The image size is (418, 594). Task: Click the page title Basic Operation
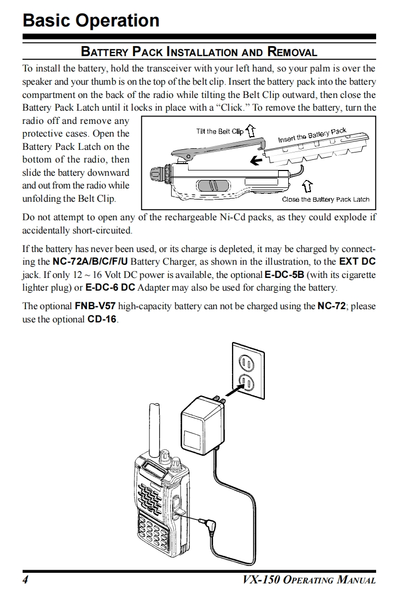click(x=91, y=20)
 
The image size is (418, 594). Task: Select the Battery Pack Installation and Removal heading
click(x=199, y=52)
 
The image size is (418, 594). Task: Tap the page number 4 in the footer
click(x=25, y=579)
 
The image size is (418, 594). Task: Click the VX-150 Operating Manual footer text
click(x=309, y=579)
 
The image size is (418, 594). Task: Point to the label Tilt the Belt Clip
click(x=219, y=131)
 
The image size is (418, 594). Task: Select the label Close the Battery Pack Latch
click(x=325, y=200)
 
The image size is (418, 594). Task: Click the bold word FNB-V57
click(x=95, y=307)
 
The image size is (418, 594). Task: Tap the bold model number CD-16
click(x=102, y=319)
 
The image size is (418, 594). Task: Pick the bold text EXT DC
click(x=357, y=262)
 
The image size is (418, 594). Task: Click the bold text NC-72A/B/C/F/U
click(x=90, y=262)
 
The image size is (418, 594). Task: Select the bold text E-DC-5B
click(x=283, y=275)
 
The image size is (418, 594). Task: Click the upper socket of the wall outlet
click(x=247, y=362)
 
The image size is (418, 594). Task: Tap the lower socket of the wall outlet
click(x=247, y=381)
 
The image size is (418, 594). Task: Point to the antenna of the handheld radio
click(x=155, y=429)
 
